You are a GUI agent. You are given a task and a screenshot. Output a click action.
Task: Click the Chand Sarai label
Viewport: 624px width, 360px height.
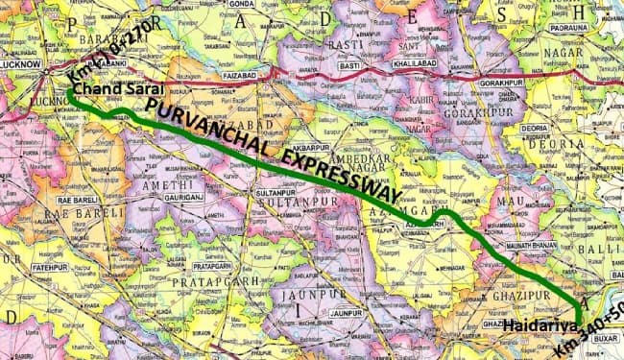pos(107,88)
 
